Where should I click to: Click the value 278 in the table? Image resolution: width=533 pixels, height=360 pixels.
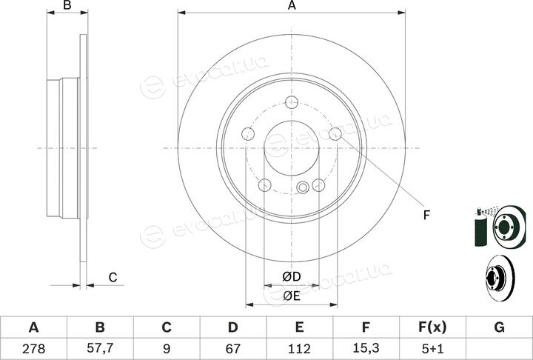click(33, 348)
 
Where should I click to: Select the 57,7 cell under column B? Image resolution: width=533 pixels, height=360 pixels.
click(100, 348)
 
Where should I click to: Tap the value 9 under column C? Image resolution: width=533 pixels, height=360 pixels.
click(167, 348)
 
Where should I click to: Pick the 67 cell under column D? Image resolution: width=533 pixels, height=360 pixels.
click(232, 348)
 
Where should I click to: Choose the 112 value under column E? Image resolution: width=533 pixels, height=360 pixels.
click(299, 348)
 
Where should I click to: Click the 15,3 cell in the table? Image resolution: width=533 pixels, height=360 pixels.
click(366, 348)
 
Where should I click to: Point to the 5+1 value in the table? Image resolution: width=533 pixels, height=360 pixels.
click(432, 348)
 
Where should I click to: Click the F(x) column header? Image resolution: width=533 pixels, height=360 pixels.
click(432, 327)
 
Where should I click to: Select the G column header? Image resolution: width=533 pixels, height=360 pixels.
click(499, 327)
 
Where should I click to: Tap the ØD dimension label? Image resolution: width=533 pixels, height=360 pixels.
click(292, 276)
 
